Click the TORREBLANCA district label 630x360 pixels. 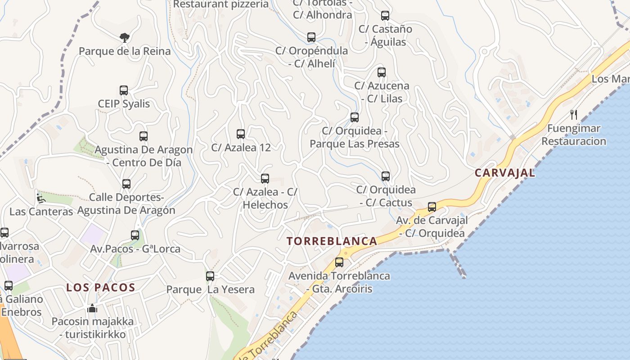coord(332,241)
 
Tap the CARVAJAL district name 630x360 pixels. coord(505,173)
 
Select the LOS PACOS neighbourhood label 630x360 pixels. coord(101,288)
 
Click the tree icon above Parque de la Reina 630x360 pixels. coord(125,37)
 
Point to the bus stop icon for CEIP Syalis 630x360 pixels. coord(124,90)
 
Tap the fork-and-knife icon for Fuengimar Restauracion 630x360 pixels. coord(574,115)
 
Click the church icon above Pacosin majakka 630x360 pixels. coord(92,308)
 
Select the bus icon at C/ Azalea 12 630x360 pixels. coord(241,134)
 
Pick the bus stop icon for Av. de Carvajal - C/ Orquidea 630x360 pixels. coord(432,207)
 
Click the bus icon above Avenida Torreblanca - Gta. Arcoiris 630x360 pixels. coord(339,262)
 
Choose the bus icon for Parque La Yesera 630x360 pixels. coord(210,276)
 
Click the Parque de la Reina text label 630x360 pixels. coord(125,51)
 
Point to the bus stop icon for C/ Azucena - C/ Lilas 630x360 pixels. coord(382,72)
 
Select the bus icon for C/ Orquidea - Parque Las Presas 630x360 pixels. coord(355,117)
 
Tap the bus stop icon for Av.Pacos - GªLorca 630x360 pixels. coord(135,235)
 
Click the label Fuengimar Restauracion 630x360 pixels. coord(574,135)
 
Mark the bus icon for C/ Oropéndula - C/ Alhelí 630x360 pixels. coord(311,37)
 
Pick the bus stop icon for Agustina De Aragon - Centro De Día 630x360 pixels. coord(144,136)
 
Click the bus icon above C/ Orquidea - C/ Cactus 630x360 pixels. coord(386,176)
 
